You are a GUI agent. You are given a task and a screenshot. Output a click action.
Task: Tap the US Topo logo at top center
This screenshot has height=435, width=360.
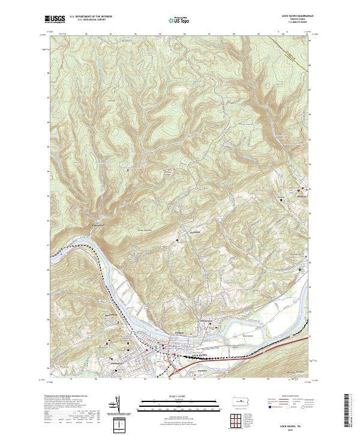(180, 20)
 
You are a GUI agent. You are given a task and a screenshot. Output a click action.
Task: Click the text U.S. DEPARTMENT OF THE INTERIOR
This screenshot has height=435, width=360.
(91, 17)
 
